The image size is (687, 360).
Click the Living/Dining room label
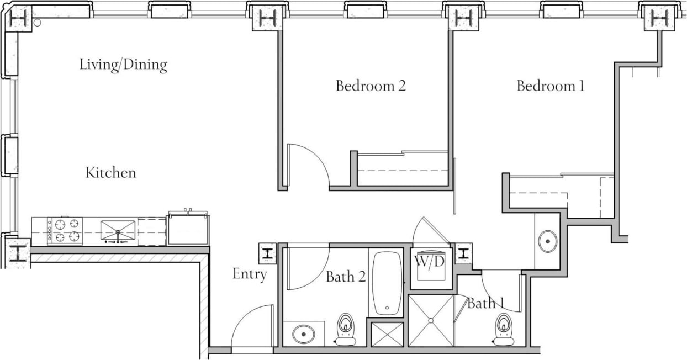tap(123, 65)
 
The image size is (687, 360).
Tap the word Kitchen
tap(110, 173)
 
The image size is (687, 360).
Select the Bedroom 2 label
tap(371, 86)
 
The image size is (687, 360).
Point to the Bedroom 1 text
tap(550, 86)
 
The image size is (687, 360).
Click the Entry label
tap(250, 274)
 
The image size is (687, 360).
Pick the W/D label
tap(430, 262)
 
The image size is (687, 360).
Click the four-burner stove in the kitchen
tap(65, 231)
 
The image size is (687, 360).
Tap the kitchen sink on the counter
tap(118, 230)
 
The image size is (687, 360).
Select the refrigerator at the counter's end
tap(188, 229)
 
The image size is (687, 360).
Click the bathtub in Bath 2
tap(387, 283)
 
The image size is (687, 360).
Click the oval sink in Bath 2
tap(303, 334)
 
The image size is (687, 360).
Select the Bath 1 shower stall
tap(431, 321)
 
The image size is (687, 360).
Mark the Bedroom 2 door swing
tap(309, 163)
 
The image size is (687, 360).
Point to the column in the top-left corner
tap(19, 18)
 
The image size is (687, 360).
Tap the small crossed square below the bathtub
tap(387, 334)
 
